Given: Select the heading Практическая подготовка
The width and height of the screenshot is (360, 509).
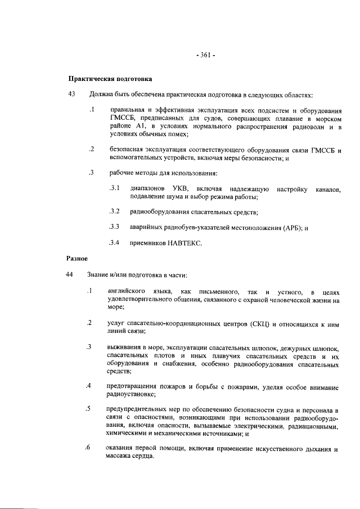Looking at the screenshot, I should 110,79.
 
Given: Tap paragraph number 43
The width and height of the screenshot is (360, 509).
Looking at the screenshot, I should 72,94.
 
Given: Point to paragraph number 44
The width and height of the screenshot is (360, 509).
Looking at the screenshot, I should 72,274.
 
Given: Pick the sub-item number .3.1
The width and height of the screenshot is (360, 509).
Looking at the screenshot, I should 115,187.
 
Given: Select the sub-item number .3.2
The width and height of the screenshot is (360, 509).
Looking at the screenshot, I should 115,212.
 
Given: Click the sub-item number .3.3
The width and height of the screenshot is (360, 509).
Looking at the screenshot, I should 115,227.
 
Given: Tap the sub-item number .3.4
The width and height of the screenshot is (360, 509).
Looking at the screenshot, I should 115,244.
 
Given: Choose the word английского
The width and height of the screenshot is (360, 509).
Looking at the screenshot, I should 128,291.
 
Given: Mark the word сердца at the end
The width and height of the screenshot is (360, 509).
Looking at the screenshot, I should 139,456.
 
